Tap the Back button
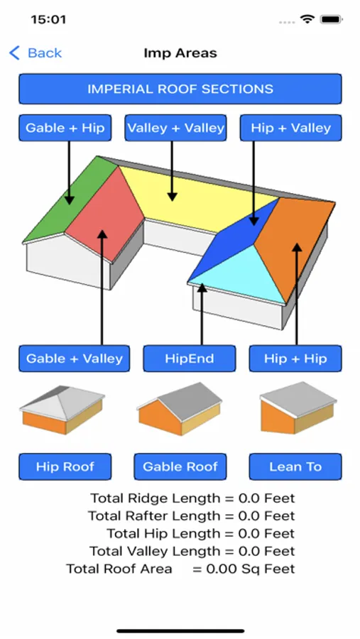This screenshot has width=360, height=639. pos(36,53)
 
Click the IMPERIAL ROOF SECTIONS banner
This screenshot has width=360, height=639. pos(180,89)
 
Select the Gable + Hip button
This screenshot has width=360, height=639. pos(65,128)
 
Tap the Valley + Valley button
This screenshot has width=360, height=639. pos(175,128)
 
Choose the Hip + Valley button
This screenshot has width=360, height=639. pos(290,128)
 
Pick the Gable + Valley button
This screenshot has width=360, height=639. pos(75,359)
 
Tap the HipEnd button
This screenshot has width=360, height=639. pos(189,359)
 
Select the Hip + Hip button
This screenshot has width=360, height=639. pos(295,359)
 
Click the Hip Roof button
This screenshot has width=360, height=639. pos(65,466)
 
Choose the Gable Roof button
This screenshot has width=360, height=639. pos(180,466)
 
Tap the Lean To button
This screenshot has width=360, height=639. pos(295,466)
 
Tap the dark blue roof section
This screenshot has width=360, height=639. pos(236,241)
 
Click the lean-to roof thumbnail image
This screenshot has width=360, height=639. pos(298,408)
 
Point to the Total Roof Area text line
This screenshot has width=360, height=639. pos(180,569)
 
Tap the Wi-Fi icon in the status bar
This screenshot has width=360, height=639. pos(307,19)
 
